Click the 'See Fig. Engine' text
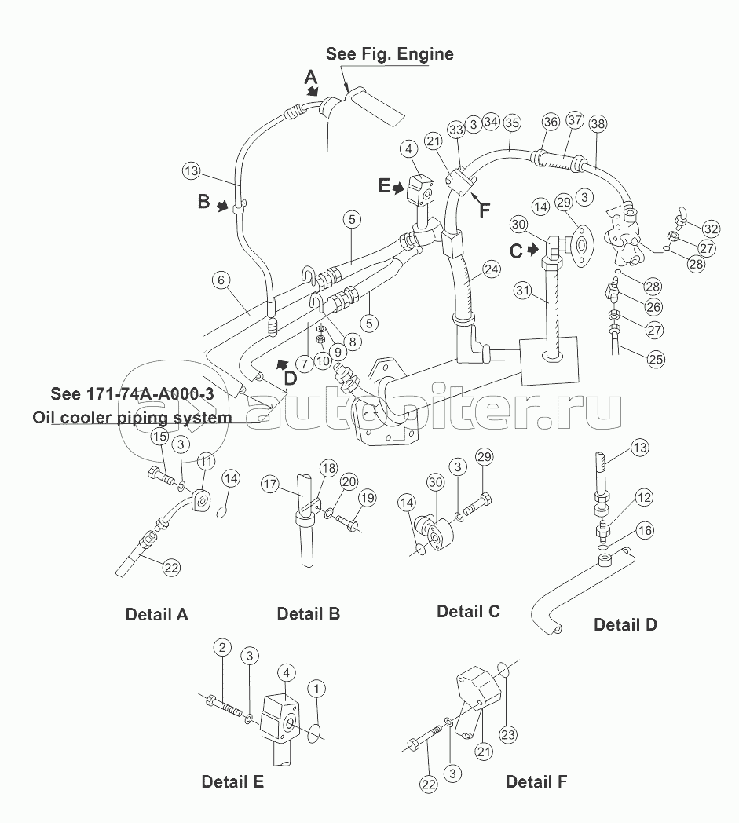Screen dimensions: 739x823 tap(390, 54)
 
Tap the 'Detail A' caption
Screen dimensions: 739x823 tap(156, 614)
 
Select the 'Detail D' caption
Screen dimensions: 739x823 tap(625, 624)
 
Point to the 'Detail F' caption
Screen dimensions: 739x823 tap(536, 781)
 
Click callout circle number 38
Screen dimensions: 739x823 tap(598, 124)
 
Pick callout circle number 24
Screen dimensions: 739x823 tap(492, 269)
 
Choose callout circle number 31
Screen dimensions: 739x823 tap(523, 291)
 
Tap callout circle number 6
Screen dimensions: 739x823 tap(221, 280)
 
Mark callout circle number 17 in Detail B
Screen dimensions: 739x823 tap(270, 484)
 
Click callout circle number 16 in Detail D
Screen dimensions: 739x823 tap(645, 531)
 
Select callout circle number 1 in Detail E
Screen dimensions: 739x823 tap(316, 689)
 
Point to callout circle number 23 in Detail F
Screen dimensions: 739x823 tap(508, 734)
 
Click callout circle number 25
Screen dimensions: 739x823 tap(656, 360)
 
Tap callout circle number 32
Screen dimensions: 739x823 tap(712, 229)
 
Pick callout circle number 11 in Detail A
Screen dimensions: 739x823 tap(206, 461)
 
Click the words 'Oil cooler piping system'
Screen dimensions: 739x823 tap(132, 417)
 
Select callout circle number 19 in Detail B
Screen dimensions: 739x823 tap(368, 498)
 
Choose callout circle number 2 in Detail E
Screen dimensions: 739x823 tap(222, 647)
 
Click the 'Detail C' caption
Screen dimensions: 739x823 tap(468, 612)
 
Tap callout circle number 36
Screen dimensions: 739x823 tap(551, 123)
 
